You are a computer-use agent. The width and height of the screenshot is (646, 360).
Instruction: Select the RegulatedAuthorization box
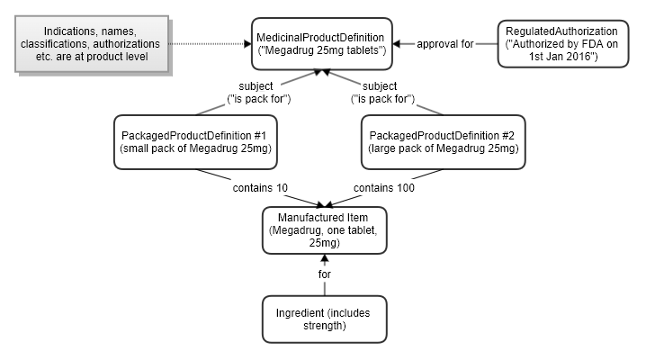coord(561,42)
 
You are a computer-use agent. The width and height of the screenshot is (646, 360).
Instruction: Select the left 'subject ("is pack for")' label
coord(251,93)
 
